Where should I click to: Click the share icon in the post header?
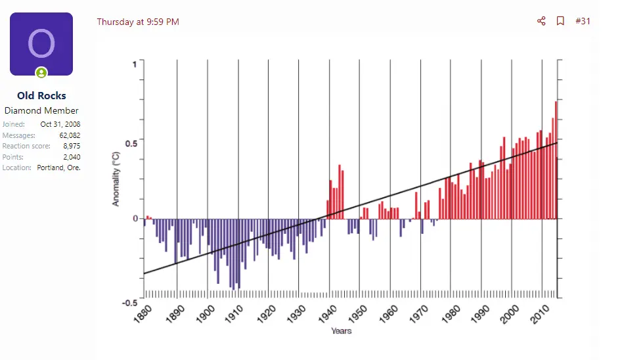pyautogui.click(x=541, y=21)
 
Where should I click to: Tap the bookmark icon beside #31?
pyautogui.click(x=560, y=21)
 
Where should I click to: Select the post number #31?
pyautogui.click(x=583, y=21)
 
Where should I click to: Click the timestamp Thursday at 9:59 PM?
pyautogui.click(x=138, y=22)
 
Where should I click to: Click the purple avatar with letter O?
pyautogui.click(x=41, y=43)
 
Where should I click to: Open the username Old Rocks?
pyautogui.click(x=41, y=96)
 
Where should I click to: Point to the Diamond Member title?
pyautogui.click(x=41, y=110)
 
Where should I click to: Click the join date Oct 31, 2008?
pyautogui.click(x=60, y=124)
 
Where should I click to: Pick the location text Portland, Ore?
pyautogui.click(x=58, y=168)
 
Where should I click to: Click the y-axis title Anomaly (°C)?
pyautogui.click(x=116, y=179)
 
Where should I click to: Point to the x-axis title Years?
pyautogui.click(x=342, y=331)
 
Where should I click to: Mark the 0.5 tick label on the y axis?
pyautogui.click(x=130, y=142)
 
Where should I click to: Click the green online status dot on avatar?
pyautogui.click(x=41, y=72)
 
